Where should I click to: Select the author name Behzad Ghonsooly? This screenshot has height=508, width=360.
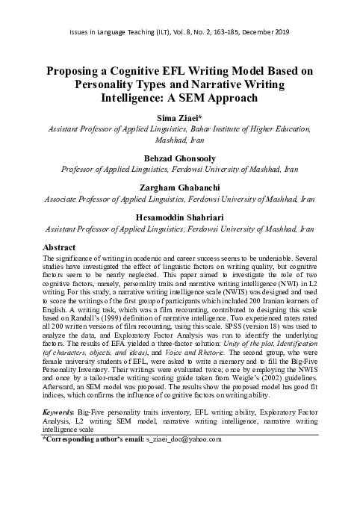tap(180, 158)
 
